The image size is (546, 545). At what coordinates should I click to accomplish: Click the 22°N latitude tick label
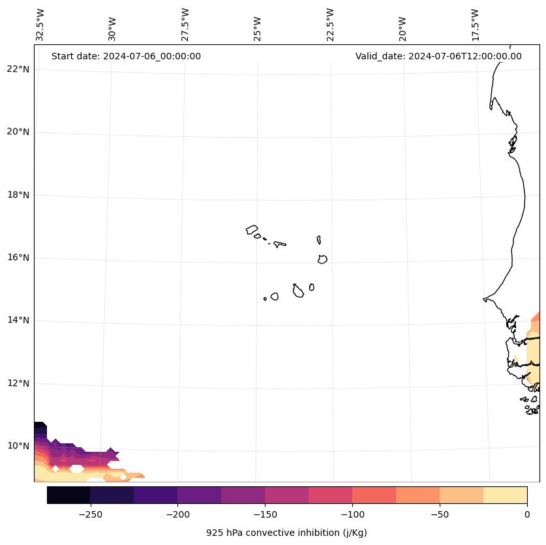[18, 69]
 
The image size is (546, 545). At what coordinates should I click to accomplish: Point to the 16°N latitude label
[18, 258]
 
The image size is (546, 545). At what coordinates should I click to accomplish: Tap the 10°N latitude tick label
[18, 446]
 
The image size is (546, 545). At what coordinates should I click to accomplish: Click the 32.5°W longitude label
[40, 24]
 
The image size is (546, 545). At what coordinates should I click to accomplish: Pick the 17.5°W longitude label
[475, 24]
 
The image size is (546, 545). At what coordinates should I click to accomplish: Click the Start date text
[126, 56]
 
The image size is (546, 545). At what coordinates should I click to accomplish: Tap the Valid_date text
[438, 56]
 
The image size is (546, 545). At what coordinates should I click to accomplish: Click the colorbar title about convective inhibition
[286, 533]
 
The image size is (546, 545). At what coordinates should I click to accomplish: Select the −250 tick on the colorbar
[90, 514]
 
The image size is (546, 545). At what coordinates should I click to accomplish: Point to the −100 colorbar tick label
[352, 514]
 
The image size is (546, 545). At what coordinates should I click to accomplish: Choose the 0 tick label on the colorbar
[527, 514]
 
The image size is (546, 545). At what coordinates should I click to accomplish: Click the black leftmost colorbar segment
[68, 495]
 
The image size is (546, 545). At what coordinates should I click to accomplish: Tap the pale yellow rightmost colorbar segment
[505, 495]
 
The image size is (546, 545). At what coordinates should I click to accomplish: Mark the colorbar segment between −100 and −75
[374, 495]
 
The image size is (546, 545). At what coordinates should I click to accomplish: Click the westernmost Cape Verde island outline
[252, 229]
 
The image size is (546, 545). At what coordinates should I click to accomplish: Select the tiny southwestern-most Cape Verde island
[265, 299]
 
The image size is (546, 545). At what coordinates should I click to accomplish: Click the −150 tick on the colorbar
[265, 514]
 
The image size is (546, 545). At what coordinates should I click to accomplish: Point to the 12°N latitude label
[18, 383]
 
